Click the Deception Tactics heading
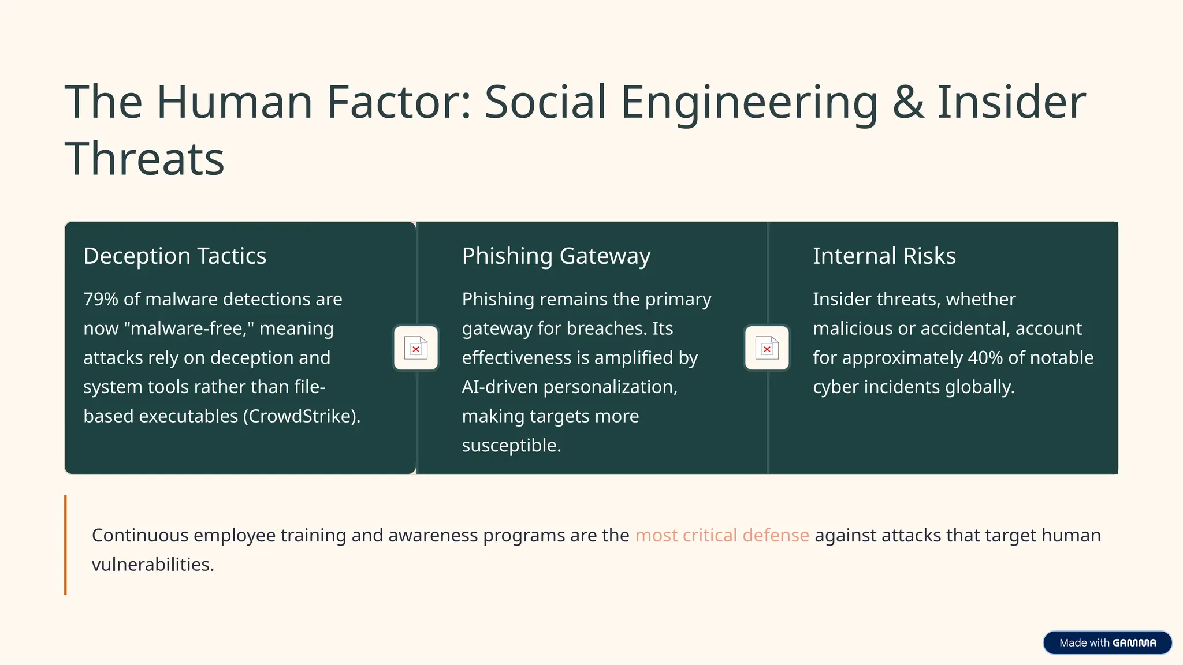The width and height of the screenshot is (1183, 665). [x=174, y=256]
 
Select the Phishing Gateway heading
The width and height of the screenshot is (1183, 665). [x=556, y=256]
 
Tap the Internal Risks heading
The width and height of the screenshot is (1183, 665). [x=884, y=256]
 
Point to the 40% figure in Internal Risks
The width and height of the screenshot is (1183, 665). [x=985, y=358]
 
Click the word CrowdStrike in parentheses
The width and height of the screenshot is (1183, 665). [x=301, y=416]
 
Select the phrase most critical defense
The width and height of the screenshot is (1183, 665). [x=721, y=535]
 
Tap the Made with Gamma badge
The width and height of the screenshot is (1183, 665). [x=1107, y=642]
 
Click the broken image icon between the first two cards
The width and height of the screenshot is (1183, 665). [x=416, y=348]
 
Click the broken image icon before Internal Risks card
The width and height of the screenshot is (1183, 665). [x=767, y=348]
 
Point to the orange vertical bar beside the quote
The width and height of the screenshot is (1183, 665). [x=65, y=545]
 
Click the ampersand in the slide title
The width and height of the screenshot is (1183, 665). [x=907, y=102]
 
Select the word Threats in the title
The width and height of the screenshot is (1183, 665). [x=144, y=159]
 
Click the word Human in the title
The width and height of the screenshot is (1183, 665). [x=235, y=102]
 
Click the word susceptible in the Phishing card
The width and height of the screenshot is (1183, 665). [x=511, y=446]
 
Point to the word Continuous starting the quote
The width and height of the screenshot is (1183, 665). [x=140, y=535]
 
